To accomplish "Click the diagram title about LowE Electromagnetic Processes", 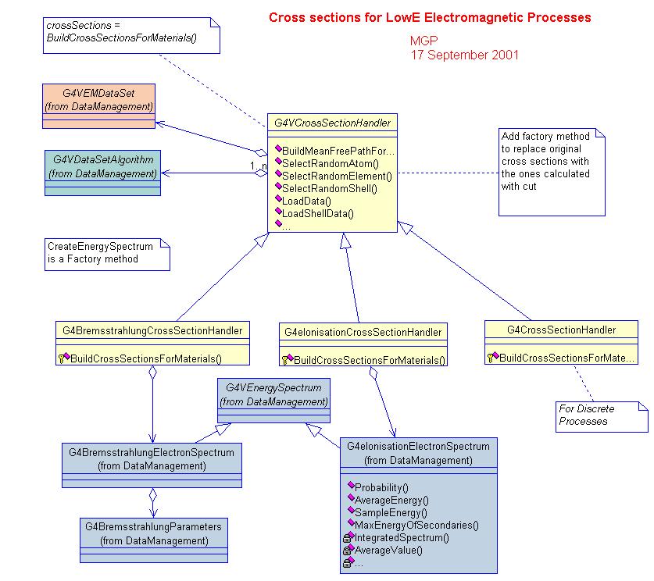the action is tap(430, 17).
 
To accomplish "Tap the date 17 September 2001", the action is tap(465, 55).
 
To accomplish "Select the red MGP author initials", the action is tap(423, 41).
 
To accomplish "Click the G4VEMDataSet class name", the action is tap(99, 93).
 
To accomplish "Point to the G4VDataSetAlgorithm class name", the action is tap(103, 159).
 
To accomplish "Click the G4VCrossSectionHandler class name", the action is tap(332, 123).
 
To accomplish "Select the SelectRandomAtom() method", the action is tap(331, 163).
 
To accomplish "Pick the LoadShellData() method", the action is tap(318, 213).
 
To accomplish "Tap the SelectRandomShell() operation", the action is tap(330, 188).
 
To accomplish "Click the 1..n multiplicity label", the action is tap(258, 166).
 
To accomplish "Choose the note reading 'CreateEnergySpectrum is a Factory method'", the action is tap(107, 255).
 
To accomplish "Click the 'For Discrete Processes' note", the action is tap(602, 417).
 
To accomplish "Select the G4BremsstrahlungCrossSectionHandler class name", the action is tap(152, 331).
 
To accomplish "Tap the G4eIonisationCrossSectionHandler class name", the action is tap(363, 332).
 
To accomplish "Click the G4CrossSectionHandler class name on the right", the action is tap(561, 330).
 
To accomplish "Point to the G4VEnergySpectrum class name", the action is tap(273, 387).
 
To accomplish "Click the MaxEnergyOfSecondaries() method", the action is tap(416, 525).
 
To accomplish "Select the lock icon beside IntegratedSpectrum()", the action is tap(347, 539).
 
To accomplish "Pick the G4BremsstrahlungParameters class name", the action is tap(153, 527).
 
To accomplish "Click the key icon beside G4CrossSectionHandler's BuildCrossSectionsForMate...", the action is tap(491, 358).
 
